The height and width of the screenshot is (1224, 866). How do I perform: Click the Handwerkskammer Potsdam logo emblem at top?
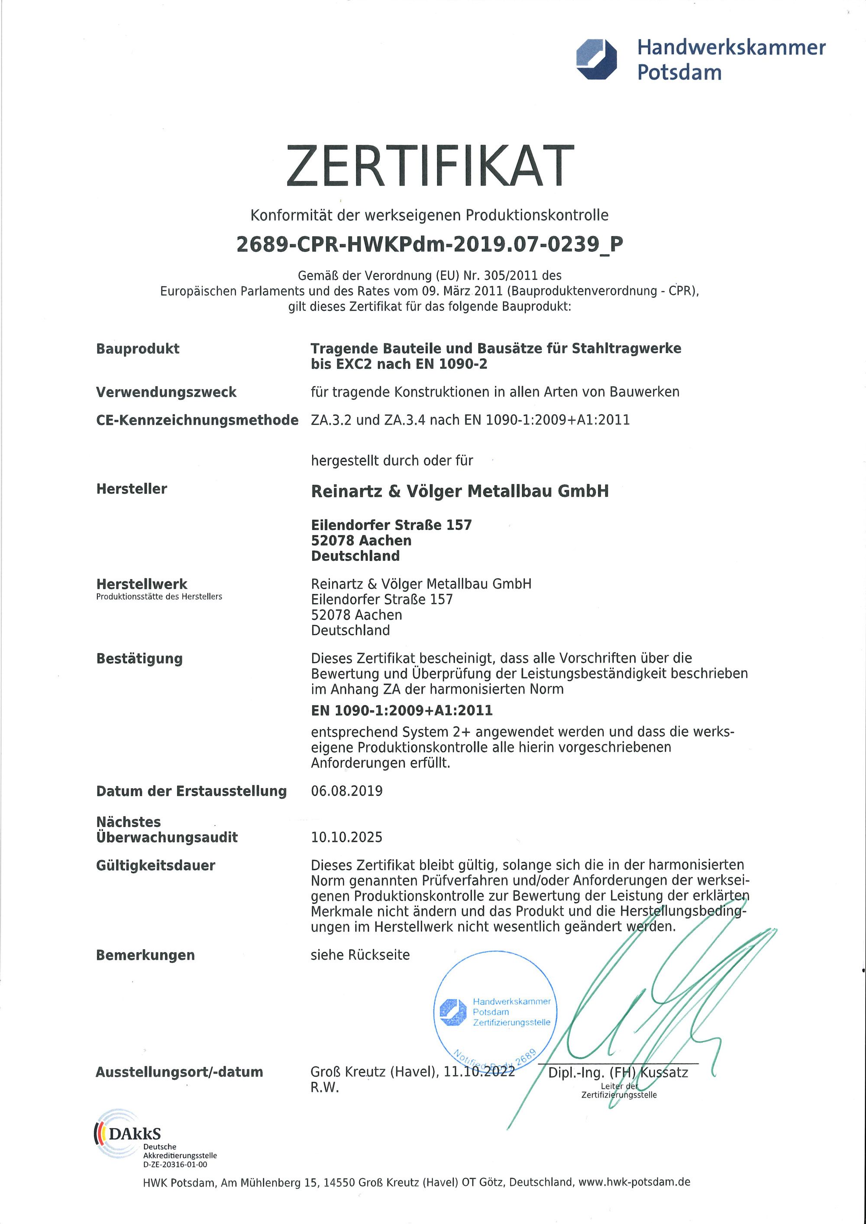(x=596, y=59)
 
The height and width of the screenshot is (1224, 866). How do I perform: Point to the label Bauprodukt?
(x=138, y=349)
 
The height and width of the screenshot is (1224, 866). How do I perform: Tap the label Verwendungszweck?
(x=166, y=393)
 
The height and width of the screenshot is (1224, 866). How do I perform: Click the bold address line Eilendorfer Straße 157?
(x=391, y=525)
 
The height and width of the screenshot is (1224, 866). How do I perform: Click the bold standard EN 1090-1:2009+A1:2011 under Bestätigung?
(x=401, y=710)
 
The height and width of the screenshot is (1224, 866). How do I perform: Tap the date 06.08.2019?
(x=346, y=791)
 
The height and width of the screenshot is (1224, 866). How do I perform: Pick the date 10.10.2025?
(x=346, y=837)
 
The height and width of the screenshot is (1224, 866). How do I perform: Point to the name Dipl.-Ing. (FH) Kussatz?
(x=618, y=1073)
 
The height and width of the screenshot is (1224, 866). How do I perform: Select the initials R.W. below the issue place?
(x=325, y=1088)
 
